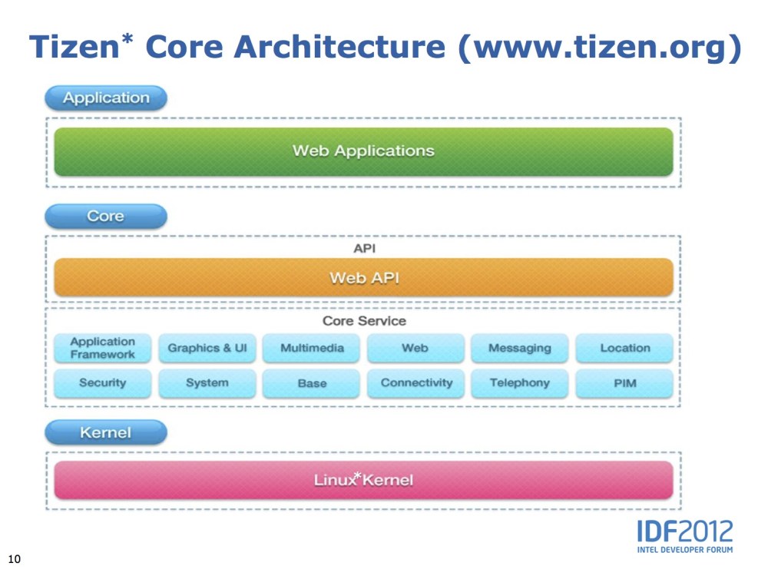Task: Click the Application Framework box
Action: (x=102, y=348)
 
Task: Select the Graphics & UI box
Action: (x=207, y=348)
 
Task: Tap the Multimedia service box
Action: (x=312, y=348)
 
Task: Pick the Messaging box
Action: (x=520, y=348)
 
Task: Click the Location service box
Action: (x=624, y=348)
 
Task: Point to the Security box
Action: (x=102, y=383)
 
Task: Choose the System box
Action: (x=207, y=383)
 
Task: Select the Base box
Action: (x=312, y=383)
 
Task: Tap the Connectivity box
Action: (x=416, y=383)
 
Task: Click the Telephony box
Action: (x=520, y=383)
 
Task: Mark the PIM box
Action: (x=624, y=383)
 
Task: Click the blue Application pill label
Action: (x=106, y=98)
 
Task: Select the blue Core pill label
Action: (x=106, y=217)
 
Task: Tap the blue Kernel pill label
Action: (x=106, y=433)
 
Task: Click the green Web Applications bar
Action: (x=363, y=151)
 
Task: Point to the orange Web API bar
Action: (x=363, y=278)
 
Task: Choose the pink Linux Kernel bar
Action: (x=363, y=481)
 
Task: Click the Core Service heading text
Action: (x=364, y=321)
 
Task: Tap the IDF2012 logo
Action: (x=684, y=535)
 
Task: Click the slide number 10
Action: (x=14, y=557)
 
